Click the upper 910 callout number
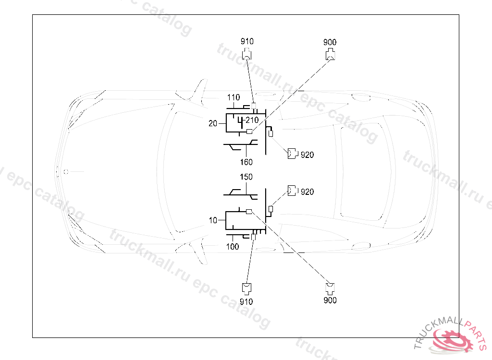pyautogui.click(x=247, y=42)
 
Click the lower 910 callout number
pyautogui.click(x=246, y=301)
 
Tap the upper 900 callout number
pyautogui.click(x=330, y=42)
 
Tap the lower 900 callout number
pyautogui.click(x=330, y=300)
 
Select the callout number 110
pyautogui.click(x=233, y=97)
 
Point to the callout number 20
pyautogui.click(x=213, y=123)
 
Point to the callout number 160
pyautogui.click(x=246, y=162)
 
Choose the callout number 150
pyautogui.click(x=246, y=177)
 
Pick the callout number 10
pyautogui.click(x=213, y=220)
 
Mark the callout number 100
pyautogui.click(x=233, y=247)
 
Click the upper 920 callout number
pyautogui.click(x=307, y=155)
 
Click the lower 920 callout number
pyautogui.click(x=307, y=192)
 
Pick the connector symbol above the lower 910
pyautogui.click(x=246, y=288)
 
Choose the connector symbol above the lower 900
pyautogui.click(x=330, y=288)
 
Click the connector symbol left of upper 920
pyautogui.click(x=292, y=154)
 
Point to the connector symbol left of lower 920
pyautogui.click(x=292, y=191)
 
